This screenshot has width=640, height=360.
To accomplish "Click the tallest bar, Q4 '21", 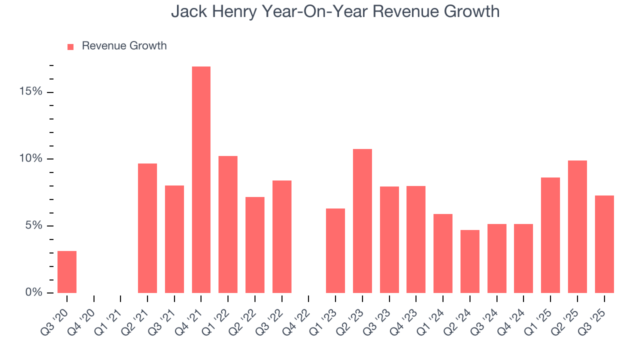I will point(201,179).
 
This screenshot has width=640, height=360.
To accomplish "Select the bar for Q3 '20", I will point(67,272).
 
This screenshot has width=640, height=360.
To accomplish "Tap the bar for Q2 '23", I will point(362,221).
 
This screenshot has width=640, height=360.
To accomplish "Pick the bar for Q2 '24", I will point(470,261).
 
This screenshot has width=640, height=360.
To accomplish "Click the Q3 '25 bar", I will point(604,244).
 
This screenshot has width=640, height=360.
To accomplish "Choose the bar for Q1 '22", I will point(228,224).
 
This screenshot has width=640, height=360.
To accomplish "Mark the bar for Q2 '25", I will point(577,226).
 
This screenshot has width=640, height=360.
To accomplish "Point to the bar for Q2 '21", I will point(147,228).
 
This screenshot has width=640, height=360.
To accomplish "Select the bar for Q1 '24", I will point(443,253).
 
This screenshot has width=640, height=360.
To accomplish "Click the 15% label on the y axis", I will point(31,92).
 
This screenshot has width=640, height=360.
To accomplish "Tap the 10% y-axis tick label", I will point(31,159).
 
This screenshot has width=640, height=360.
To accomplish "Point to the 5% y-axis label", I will point(34,225).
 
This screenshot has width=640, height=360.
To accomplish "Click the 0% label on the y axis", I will point(34,292).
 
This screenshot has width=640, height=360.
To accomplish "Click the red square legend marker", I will point(70,46).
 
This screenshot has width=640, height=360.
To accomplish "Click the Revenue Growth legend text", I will point(124,46).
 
